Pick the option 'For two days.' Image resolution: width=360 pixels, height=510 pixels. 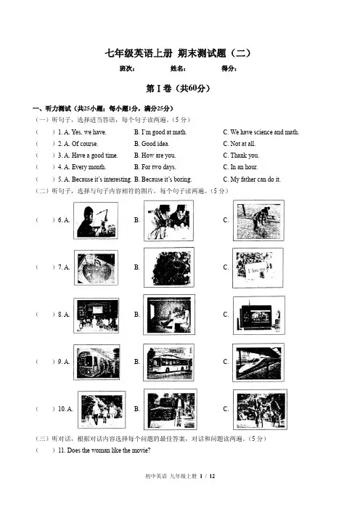pos(155,167)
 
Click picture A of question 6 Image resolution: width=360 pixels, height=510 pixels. pos(96,221)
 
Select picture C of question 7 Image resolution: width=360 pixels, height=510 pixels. pos(258,268)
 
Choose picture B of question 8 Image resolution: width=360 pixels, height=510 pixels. pos(169,315)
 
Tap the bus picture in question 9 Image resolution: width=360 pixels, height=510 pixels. pos(168,363)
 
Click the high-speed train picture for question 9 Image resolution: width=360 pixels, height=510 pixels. pos(258,363)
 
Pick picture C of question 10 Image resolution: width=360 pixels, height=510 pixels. pos(260,410)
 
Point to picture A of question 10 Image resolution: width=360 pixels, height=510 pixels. pos(102,410)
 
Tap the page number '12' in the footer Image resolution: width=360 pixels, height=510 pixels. pos(212,476)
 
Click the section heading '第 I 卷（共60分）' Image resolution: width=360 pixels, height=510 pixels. pos(178,89)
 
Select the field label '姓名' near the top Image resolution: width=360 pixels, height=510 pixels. pos(177,68)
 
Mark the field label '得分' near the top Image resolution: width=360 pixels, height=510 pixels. pos(229,68)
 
